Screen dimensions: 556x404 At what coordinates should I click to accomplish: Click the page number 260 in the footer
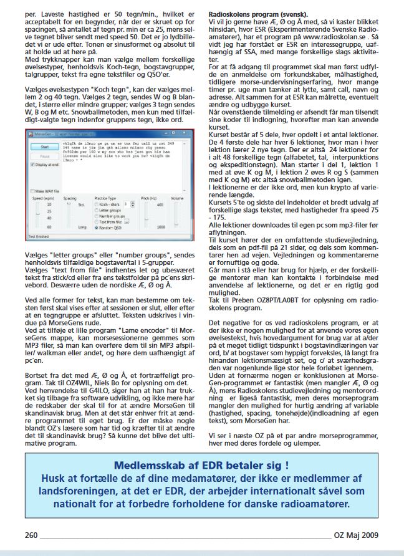click(31, 535)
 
